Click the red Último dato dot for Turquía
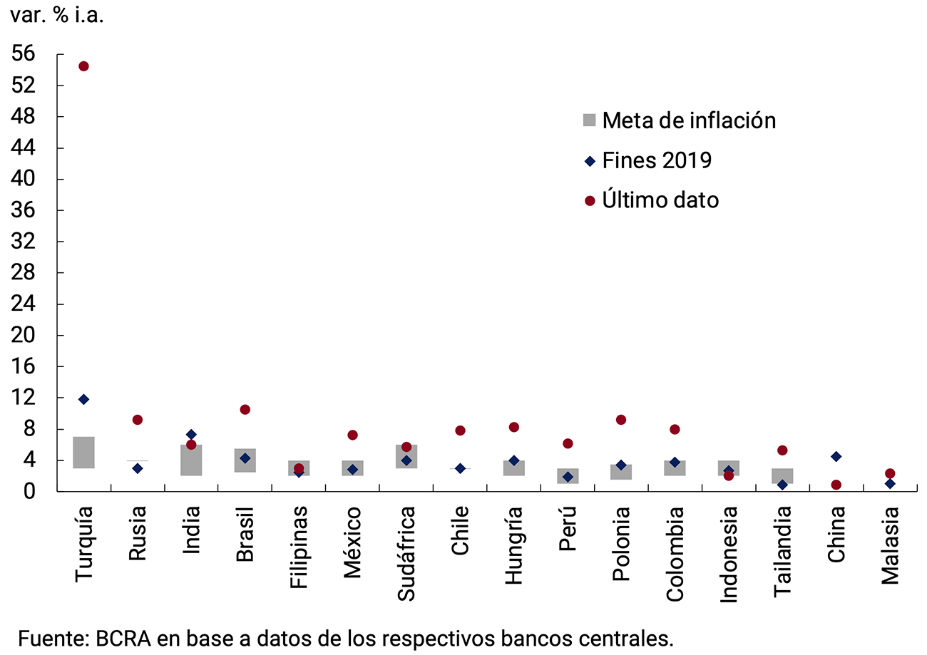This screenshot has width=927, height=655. [x=83, y=66]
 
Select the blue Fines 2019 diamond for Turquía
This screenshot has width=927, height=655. [x=83, y=399]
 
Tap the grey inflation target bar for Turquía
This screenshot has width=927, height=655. [x=83, y=452]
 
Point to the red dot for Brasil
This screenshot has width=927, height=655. [x=245, y=410]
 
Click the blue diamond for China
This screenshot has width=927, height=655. [x=836, y=456]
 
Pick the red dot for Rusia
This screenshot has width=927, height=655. [x=138, y=420]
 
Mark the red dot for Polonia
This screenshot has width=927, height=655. [x=621, y=420]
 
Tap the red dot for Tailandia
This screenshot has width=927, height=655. [x=782, y=450]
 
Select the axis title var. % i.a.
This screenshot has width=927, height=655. [x=56, y=16]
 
